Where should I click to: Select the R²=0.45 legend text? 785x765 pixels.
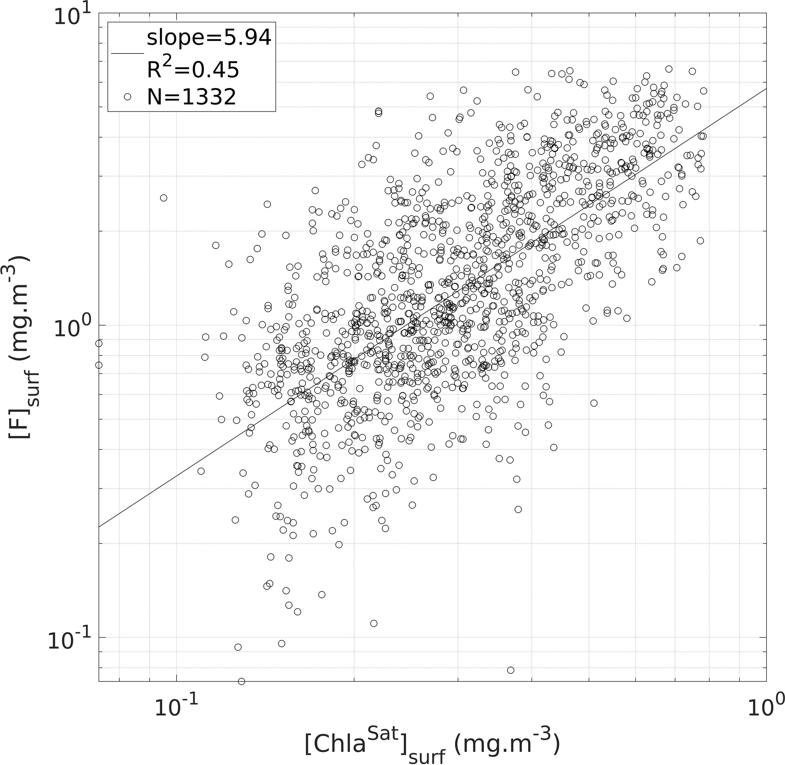pyautogui.click(x=192, y=69)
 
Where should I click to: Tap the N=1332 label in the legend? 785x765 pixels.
pyautogui.click(x=192, y=97)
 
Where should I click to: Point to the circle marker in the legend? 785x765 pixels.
pyautogui.click(x=127, y=97)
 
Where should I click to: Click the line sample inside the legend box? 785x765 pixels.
pyautogui.click(x=127, y=53)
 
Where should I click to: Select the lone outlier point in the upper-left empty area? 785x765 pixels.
pyautogui.click(x=163, y=198)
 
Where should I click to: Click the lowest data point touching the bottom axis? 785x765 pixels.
pyautogui.click(x=241, y=681)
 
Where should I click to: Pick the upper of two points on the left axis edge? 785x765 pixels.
pyautogui.click(x=99, y=343)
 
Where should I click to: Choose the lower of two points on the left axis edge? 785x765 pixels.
pyautogui.click(x=99, y=365)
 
